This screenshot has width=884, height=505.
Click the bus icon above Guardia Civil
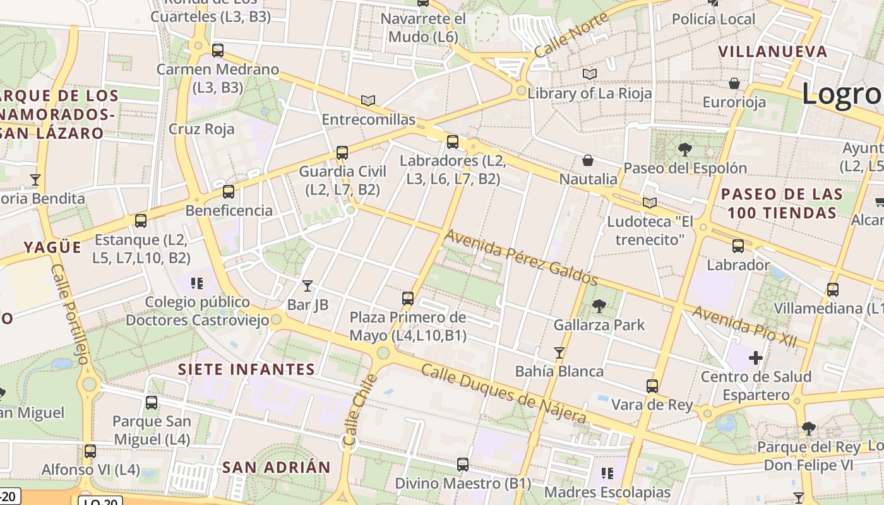click(342, 152)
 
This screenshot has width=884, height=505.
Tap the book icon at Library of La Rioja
click(589, 74)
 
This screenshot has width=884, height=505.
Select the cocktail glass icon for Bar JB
click(308, 285)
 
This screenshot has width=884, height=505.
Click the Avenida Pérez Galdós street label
click(521, 258)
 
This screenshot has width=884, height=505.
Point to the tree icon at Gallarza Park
click(599, 306)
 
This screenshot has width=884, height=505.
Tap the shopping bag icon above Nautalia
click(588, 160)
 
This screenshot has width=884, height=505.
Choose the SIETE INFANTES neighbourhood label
click(246, 369)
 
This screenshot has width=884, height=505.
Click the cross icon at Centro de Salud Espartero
click(756, 358)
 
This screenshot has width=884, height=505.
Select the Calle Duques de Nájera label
click(504, 393)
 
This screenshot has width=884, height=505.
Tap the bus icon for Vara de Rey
click(652, 386)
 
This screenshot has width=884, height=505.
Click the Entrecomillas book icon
click(368, 100)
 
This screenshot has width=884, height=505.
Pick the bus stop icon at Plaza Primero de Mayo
click(408, 298)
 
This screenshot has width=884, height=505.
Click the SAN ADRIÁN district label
click(276, 468)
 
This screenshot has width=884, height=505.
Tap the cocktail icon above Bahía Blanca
click(559, 352)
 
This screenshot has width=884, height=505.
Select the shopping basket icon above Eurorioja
click(734, 83)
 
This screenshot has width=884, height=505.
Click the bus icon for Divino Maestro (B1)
click(463, 465)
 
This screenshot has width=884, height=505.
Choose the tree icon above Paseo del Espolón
click(684, 150)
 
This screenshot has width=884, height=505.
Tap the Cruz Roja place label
click(201, 129)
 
